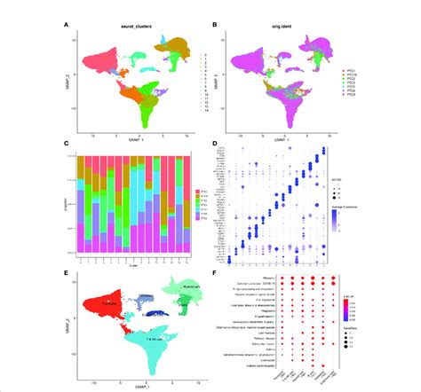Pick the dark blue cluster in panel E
pyautogui.click(x=131, y=310)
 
